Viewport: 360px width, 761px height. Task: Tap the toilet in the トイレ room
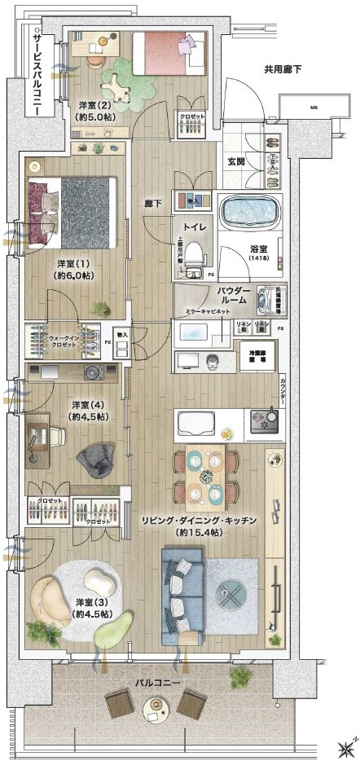(x=194, y=259)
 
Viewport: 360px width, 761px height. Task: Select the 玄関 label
(x=237, y=161)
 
